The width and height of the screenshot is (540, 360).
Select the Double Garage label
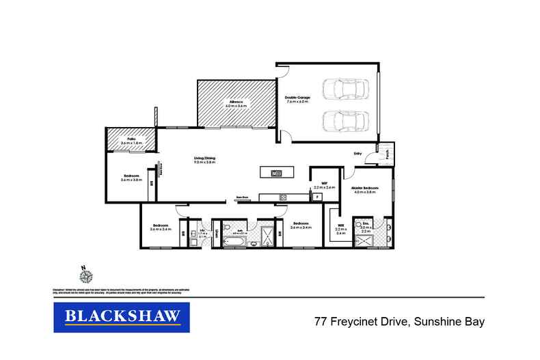[x=297, y=98]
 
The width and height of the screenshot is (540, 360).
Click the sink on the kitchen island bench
[x=276, y=173]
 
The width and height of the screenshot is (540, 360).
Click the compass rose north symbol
[x=85, y=275]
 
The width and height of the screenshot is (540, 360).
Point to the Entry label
[x=357, y=154]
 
